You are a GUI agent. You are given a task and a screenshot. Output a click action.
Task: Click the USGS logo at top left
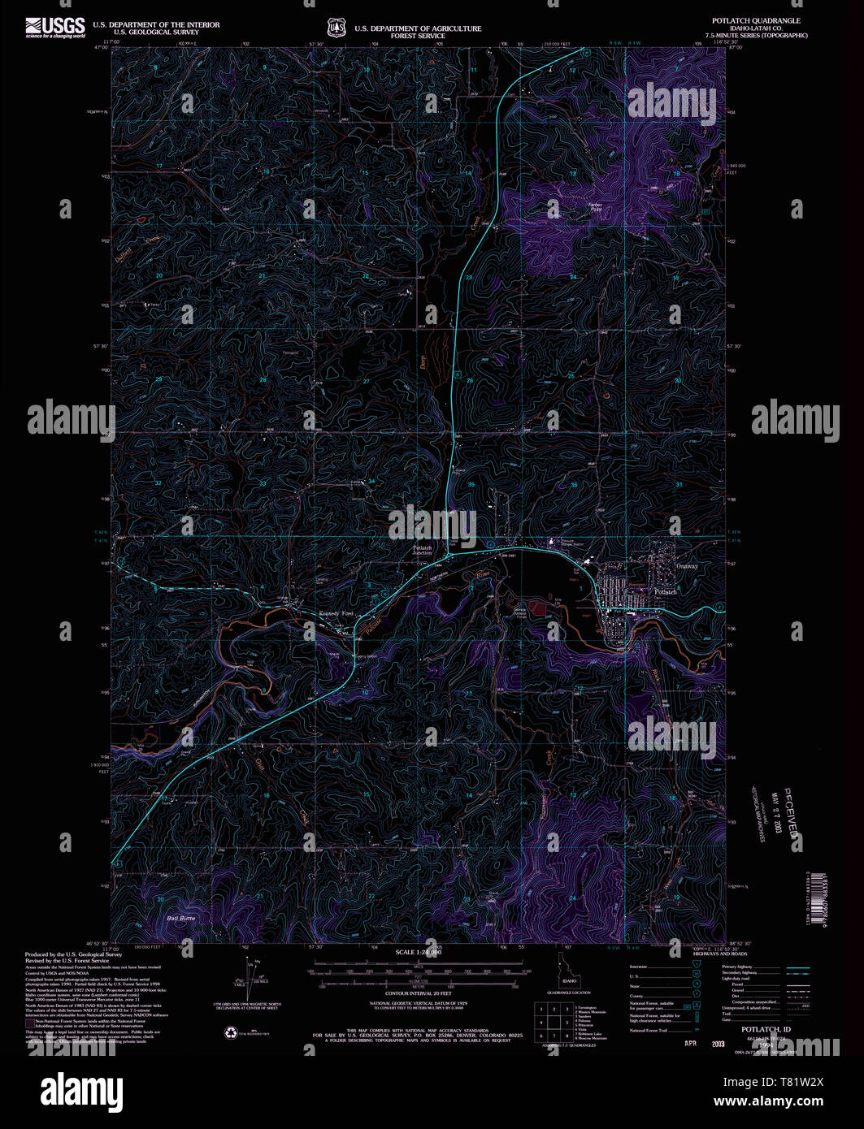(x=54, y=28)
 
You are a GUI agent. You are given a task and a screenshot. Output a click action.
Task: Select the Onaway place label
(x=687, y=566)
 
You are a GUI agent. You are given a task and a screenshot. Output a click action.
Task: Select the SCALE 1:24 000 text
(x=418, y=952)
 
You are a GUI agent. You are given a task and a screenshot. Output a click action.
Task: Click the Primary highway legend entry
(x=738, y=967)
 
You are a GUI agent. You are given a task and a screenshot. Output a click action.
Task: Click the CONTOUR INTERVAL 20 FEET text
(x=418, y=993)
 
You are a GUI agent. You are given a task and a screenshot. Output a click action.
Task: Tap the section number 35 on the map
(x=471, y=485)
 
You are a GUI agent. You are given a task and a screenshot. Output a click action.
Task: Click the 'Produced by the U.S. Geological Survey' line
(x=67, y=954)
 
